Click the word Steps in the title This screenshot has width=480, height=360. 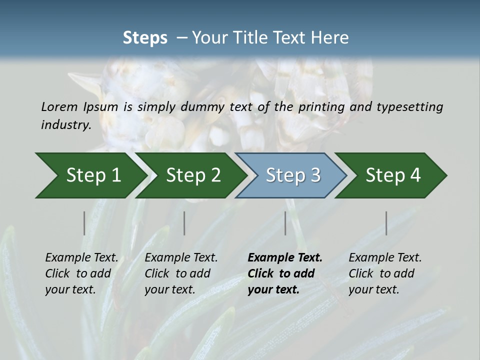click(x=145, y=38)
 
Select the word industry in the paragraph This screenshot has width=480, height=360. click(x=65, y=125)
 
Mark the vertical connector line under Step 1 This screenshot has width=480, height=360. click(x=84, y=223)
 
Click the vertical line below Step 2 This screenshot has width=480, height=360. click(x=184, y=223)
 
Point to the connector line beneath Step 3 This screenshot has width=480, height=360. click(x=285, y=223)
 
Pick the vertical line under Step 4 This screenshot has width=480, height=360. click(x=386, y=223)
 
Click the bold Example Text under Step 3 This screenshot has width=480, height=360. click(x=285, y=258)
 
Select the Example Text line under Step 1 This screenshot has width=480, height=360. click(x=81, y=258)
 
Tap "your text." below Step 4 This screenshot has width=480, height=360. click(x=373, y=289)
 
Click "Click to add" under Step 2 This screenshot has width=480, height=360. click(x=177, y=273)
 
